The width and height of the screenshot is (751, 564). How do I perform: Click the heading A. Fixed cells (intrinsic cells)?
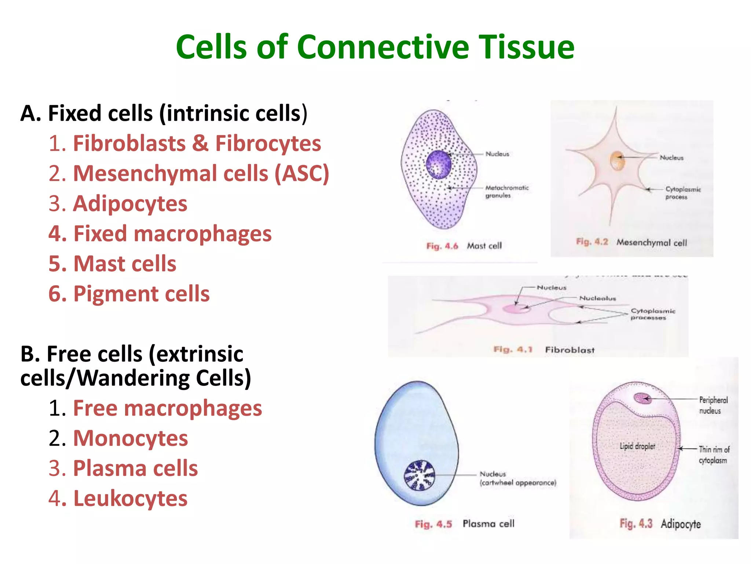pyautogui.click(x=164, y=113)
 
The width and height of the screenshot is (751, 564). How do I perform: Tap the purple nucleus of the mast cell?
pyautogui.click(x=439, y=164)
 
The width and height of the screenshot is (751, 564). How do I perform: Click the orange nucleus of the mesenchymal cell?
pyautogui.click(x=617, y=161)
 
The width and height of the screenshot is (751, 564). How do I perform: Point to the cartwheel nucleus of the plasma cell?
pyautogui.click(x=419, y=476)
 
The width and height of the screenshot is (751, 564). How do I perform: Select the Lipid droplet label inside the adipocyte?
pyautogui.click(x=637, y=446)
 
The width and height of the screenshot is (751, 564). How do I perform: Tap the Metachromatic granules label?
pyautogui.click(x=506, y=191)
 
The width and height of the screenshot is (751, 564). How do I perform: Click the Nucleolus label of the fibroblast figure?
pyautogui.click(x=597, y=298)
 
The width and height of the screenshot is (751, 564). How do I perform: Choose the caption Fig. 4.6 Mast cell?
pyautogui.click(x=464, y=246)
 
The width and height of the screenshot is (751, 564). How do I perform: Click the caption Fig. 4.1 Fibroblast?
pyautogui.click(x=544, y=350)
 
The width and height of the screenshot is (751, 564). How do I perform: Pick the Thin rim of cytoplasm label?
pyautogui.click(x=714, y=455)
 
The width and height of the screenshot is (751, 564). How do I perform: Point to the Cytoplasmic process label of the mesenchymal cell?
pyautogui.click(x=682, y=193)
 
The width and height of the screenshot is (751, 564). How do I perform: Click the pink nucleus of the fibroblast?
pyautogui.click(x=517, y=308)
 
